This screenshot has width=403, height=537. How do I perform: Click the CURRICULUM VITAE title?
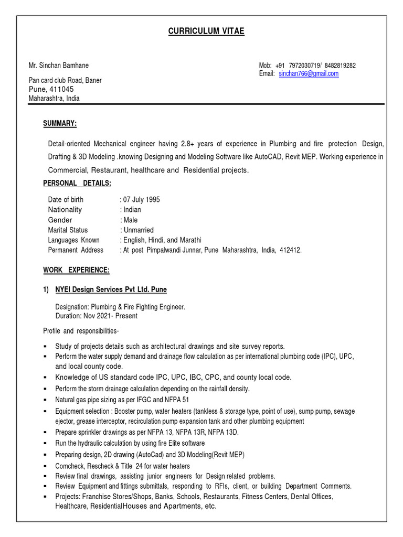(206, 32)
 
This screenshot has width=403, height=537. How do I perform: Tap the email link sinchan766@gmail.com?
(309, 74)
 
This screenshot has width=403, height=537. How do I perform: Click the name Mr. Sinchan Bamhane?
(58, 66)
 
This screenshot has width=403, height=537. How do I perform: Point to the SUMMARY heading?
(60, 123)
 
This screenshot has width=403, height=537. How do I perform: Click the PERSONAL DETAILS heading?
(77, 183)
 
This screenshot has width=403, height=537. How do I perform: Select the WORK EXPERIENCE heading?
(76, 270)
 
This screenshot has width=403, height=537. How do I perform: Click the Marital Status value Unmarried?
(139, 230)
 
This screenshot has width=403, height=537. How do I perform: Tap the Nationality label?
(65, 210)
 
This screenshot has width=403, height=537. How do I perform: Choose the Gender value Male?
(130, 220)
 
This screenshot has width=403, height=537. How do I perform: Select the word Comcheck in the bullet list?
(71, 466)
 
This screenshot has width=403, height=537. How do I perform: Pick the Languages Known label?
(74, 240)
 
